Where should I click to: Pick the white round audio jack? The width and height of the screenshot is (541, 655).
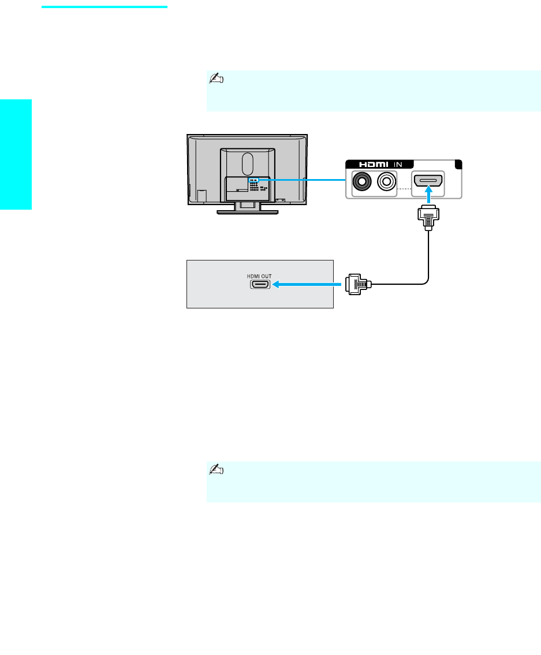pos(385,183)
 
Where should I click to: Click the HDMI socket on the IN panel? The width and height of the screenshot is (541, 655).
pos(427,183)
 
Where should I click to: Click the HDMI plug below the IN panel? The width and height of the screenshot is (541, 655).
pos(427,219)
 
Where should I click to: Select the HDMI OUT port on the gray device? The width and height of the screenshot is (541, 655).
pos(260,284)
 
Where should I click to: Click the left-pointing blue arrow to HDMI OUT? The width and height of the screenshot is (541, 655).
pos(306,284)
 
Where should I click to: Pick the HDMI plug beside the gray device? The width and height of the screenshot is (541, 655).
pos(357,284)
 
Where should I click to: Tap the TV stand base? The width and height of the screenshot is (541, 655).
pos(248,212)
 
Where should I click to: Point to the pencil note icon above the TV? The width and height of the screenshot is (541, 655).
pos(215,79)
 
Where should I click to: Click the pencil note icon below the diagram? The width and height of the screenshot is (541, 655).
pos(215,470)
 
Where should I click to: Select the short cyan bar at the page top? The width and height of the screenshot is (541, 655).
pos(105,8)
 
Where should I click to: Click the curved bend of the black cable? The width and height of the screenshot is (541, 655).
pos(426,280)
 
